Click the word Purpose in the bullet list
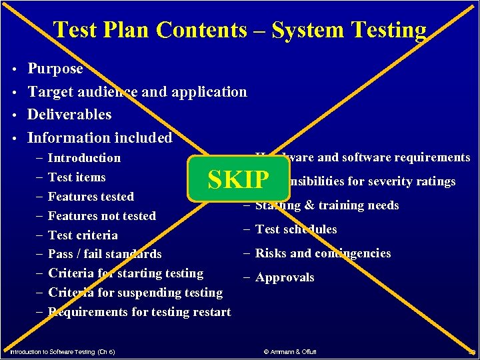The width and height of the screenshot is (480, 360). pyautogui.click(x=55, y=69)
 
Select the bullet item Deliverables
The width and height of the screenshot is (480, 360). pyautogui.click(x=69, y=115)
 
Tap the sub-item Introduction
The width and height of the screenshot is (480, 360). pyautogui.click(x=84, y=158)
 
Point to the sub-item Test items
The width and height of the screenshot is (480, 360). pyautogui.click(x=77, y=177)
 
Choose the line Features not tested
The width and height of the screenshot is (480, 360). pyautogui.click(x=102, y=216)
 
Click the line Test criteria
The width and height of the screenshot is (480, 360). pyautogui.click(x=83, y=235)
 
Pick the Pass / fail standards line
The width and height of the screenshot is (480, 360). pyautogui.click(x=105, y=254)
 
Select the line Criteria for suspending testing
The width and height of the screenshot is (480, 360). pyautogui.click(x=135, y=293)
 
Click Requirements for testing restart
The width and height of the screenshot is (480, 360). pyautogui.click(x=139, y=312)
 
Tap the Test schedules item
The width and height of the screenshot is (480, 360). pyautogui.click(x=296, y=229)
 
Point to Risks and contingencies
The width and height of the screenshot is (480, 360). pyautogui.click(x=323, y=253)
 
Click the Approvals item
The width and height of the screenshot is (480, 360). pyautogui.click(x=285, y=277)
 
